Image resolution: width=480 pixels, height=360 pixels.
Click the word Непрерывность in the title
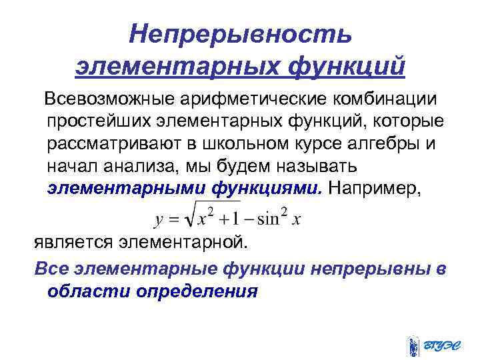click(x=240, y=33)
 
